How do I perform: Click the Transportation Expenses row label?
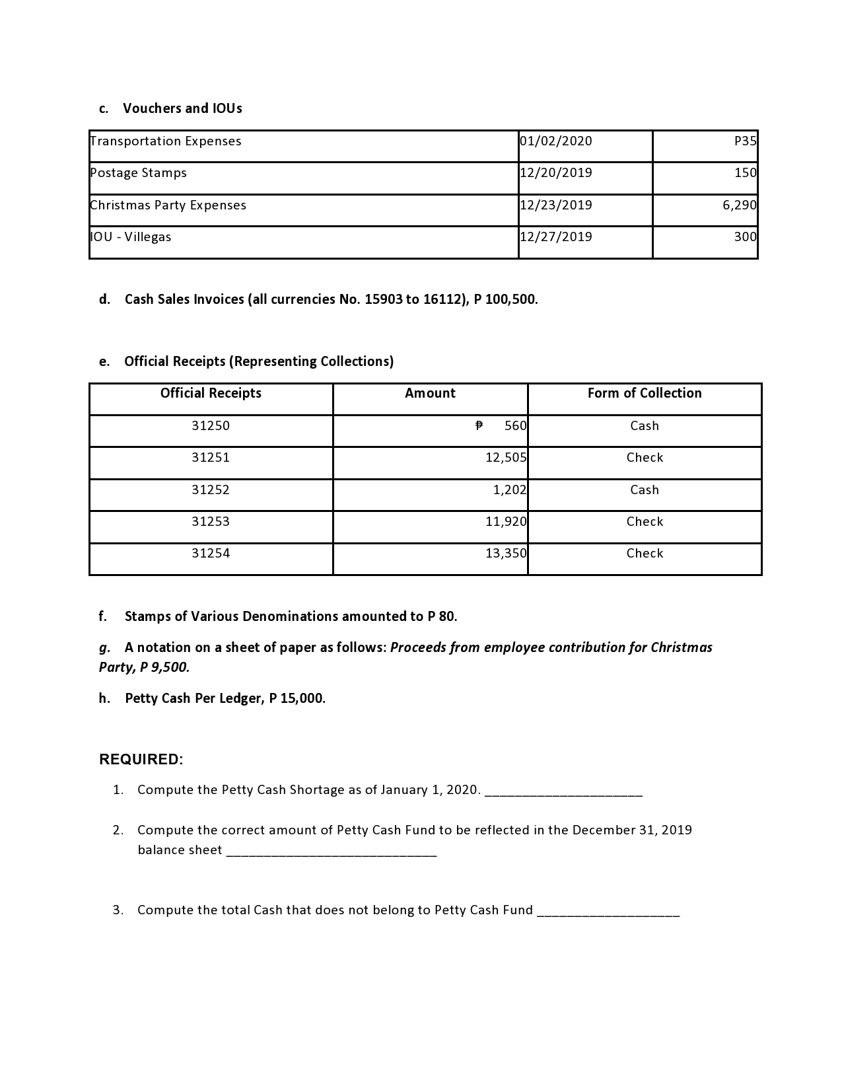pyautogui.click(x=166, y=141)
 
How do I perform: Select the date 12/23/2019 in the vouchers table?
pyautogui.click(x=556, y=205)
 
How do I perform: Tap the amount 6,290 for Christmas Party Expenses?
pyautogui.click(x=739, y=205)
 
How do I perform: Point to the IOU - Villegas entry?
pyautogui.click(x=131, y=237)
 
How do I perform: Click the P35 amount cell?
pyautogui.click(x=745, y=141)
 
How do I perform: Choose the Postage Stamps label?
pyautogui.click(x=139, y=173)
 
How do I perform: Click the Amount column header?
pyautogui.click(x=430, y=394)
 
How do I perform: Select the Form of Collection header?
pyautogui.click(x=645, y=394)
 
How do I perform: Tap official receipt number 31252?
pyautogui.click(x=211, y=490)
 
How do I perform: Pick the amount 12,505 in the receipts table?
pyautogui.click(x=506, y=458)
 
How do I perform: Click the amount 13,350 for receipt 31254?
pyautogui.click(x=506, y=554)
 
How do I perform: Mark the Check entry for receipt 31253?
pyautogui.click(x=645, y=522)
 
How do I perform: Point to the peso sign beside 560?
pyautogui.click(x=479, y=426)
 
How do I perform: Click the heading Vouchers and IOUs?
pyautogui.click(x=182, y=108)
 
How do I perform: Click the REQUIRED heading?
pyautogui.click(x=141, y=760)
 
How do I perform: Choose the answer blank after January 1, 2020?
pyautogui.click(x=563, y=791)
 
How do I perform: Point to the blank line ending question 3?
pyautogui.click(x=608, y=912)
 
